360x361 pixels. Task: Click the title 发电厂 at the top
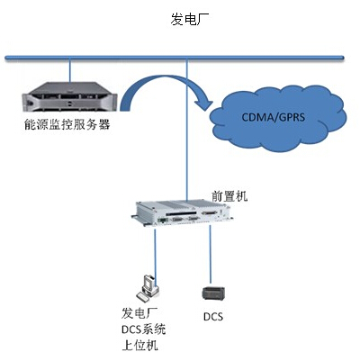[x=190, y=19]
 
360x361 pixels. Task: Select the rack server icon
[x=69, y=97]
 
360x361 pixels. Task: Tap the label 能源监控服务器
[x=67, y=124]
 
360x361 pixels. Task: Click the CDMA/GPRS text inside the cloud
[x=274, y=117]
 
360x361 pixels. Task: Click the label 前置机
[x=229, y=196]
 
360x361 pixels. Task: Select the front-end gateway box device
[x=183, y=213]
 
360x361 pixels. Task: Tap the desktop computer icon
[x=148, y=288]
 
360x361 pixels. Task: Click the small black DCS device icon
[x=213, y=293]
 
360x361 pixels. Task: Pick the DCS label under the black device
[x=213, y=317]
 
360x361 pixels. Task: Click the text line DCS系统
[x=144, y=329]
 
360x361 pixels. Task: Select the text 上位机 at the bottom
[x=139, y=346]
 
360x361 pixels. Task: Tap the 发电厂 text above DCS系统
[x=139, y=313]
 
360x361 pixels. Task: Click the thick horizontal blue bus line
[x=175, y=58]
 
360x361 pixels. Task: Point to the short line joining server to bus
[x=69, y=71]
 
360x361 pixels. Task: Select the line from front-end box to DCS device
[x=210, y=255]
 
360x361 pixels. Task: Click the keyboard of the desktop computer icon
[x=142, y=296]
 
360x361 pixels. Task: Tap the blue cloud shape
[x=278, y=118]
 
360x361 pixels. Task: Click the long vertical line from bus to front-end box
[x=186, y=131]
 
